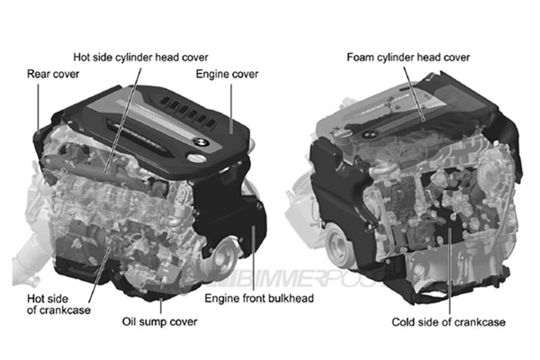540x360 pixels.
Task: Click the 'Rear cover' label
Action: (53, 74)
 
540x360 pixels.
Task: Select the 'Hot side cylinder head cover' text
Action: (140, 58)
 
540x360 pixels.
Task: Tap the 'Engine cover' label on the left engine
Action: (227, 74)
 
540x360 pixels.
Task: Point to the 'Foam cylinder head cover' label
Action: (408, 58)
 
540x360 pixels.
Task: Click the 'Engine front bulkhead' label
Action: (259, 298)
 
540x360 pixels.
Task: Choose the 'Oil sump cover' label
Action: (159, 322)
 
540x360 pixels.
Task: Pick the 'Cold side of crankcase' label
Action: (448, 322)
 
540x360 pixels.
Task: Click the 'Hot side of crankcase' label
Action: (58, 304)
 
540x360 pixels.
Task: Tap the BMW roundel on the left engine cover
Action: (201, 141)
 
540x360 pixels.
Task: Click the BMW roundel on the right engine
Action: (369, 135)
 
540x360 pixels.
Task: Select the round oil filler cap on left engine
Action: (196, 157)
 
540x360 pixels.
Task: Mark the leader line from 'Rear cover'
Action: (38, 107)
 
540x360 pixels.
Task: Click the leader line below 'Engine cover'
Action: (231, 109)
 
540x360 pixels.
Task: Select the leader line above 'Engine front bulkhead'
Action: (254, 258)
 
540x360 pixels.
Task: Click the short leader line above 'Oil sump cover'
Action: (160, 306)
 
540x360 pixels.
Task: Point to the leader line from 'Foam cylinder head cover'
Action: (414, 94)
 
